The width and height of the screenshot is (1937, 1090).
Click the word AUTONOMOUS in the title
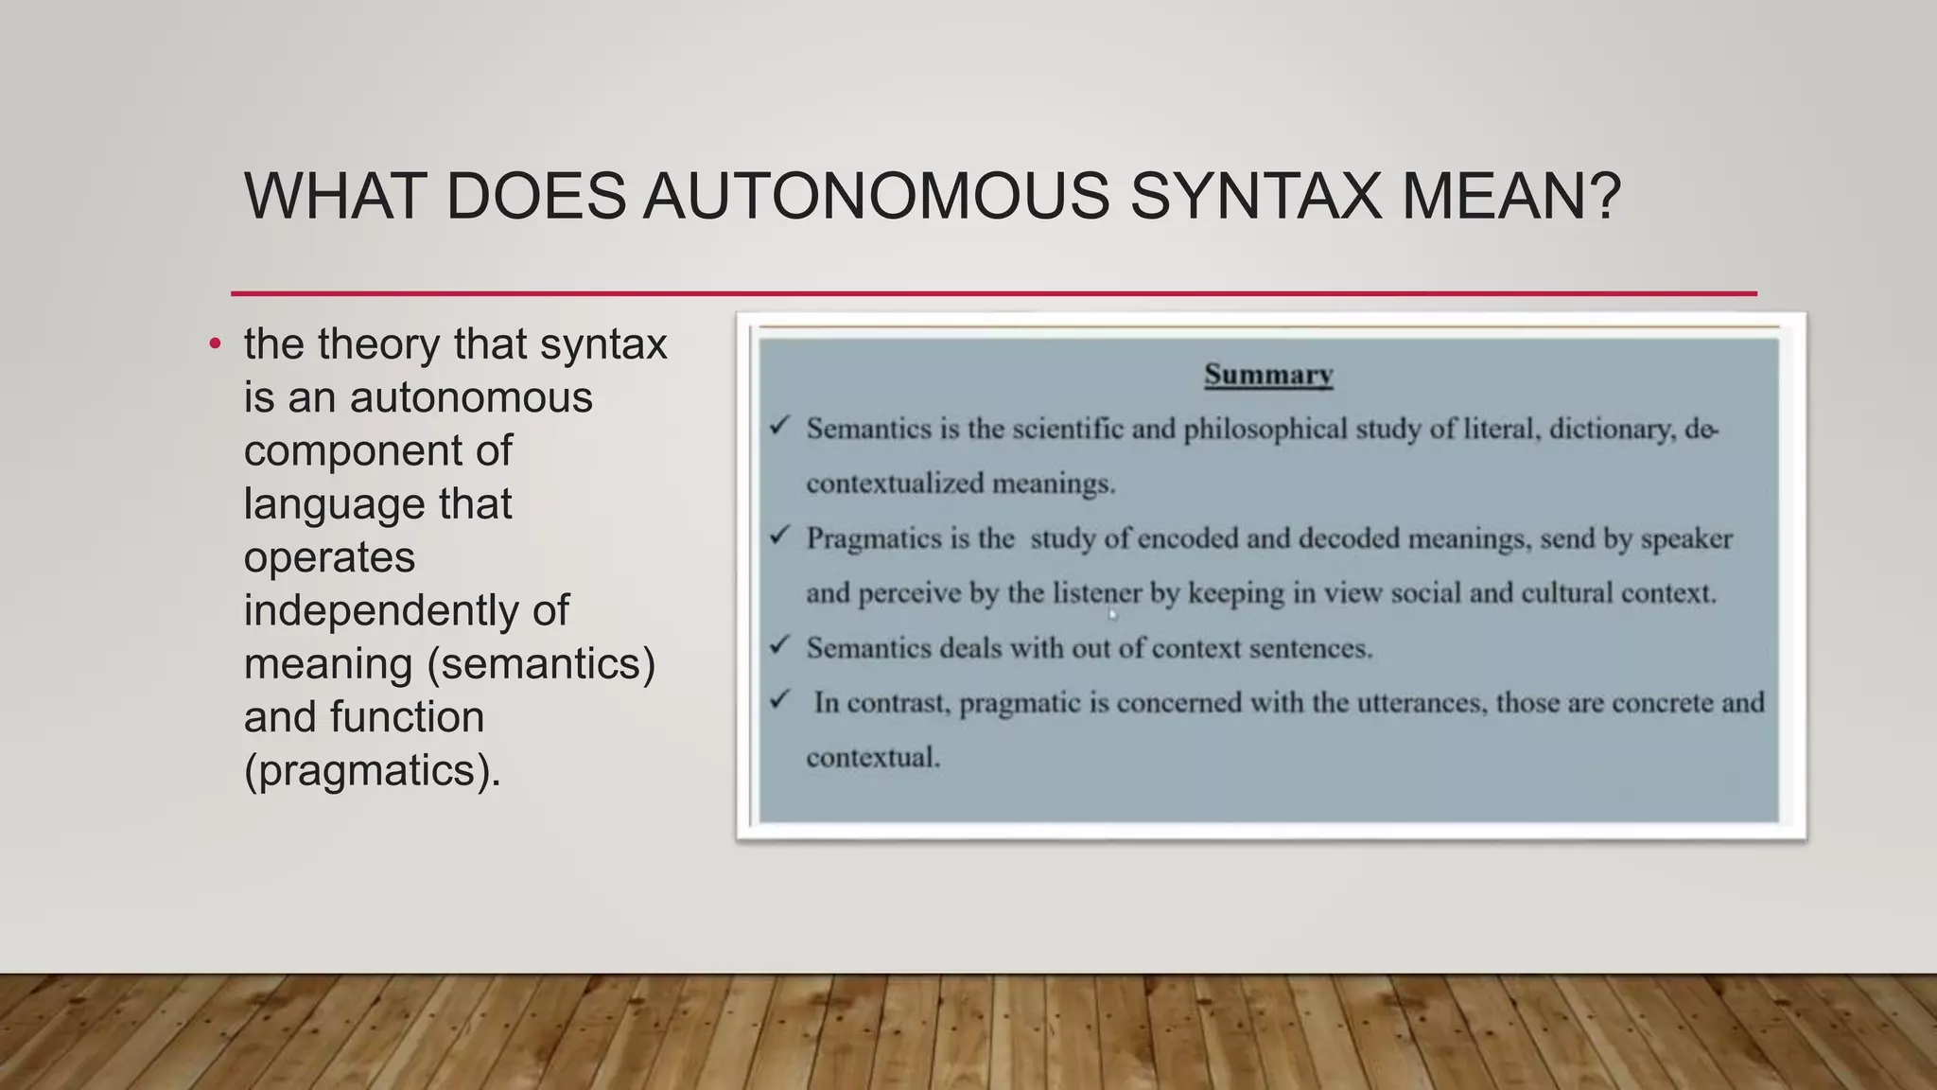(x=876, y=197)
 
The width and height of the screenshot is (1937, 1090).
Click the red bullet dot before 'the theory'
(x=216, y=344)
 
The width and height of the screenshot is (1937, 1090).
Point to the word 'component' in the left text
(x=377, y=451)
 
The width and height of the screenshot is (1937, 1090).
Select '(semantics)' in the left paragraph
(x=541, y=664)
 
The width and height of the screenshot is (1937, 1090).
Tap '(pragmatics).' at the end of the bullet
(x=373, y=771)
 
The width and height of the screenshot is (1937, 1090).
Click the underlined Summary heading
(x=1268, y=375)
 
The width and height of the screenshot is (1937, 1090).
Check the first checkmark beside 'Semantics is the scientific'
(x=779, y=426)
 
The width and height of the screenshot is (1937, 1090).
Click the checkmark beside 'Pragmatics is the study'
(x=779, y=536)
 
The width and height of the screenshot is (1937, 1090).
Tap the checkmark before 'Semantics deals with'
(x=779, y=645)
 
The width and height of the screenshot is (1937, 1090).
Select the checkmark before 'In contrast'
(x=779, y=700)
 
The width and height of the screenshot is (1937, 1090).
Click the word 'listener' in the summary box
(x=1097, y=593)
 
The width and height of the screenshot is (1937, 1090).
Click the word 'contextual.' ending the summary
(x=873, y=758)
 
